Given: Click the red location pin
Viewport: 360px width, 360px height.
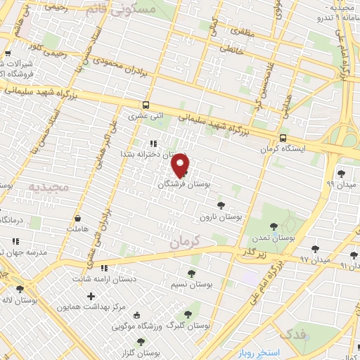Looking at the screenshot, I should (181, 165).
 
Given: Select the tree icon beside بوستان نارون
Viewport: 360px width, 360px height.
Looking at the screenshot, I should (221, 205).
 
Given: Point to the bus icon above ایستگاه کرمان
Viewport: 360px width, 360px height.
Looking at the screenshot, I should (283, 139).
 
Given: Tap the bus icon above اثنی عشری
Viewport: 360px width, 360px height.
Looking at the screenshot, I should (144, 106).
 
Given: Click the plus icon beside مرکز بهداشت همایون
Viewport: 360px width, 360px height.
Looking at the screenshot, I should (91, 296).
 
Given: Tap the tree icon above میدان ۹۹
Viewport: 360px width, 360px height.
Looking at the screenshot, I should (342, 172).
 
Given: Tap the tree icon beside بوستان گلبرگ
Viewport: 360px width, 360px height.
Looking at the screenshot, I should (187, 315).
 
